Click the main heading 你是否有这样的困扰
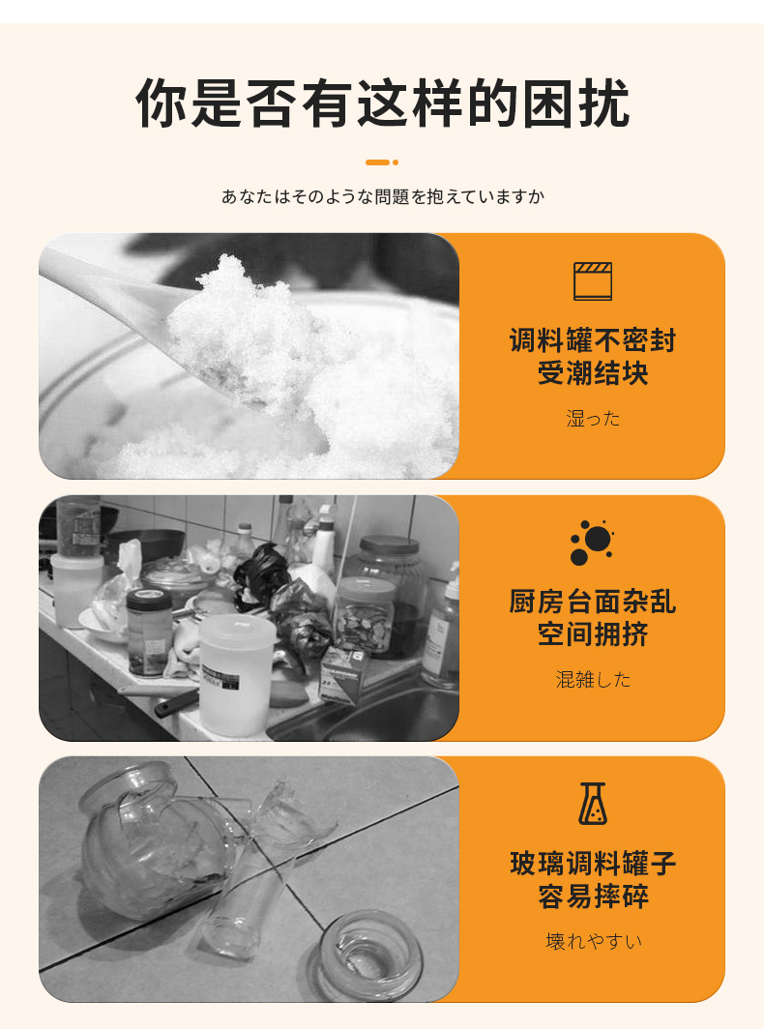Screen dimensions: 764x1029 383,103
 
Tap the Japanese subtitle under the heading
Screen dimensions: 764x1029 383,196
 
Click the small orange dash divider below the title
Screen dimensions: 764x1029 382,162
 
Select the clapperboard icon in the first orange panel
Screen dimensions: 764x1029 593,280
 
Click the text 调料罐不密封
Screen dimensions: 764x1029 593,340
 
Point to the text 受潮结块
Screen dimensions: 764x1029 593,372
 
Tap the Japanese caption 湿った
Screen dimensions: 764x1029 593,418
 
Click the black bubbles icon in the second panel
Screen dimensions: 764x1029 592,543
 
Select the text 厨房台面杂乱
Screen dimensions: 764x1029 593,602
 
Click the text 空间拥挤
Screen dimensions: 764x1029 593,634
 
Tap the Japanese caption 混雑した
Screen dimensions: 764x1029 593,679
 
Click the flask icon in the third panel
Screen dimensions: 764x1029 593,804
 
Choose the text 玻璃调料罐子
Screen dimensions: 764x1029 593,863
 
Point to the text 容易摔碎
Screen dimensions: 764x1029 593,896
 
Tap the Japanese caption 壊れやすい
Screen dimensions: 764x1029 594,941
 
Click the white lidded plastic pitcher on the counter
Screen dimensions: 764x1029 236,673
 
